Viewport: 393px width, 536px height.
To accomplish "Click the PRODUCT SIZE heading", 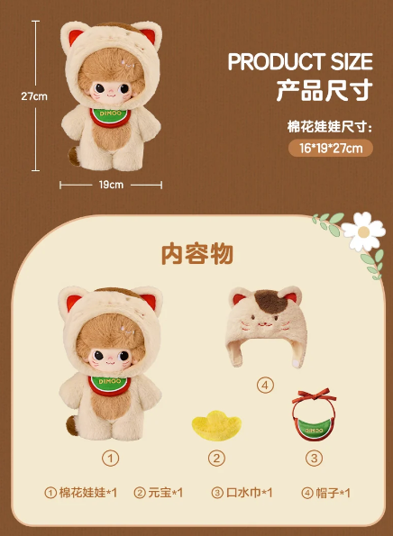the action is pos(300,61).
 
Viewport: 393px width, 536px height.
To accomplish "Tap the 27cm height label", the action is pos(34,96).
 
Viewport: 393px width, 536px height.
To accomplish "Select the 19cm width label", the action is pos(111,185).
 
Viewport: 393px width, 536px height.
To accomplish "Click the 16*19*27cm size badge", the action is pos(331,148).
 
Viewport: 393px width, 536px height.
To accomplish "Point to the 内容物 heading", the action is pos(197,254).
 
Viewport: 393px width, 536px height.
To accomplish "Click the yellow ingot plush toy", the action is pos(216,425).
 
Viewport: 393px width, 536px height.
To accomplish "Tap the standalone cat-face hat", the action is pos(266,326).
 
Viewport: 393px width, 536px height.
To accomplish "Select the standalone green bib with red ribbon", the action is pos(314,414).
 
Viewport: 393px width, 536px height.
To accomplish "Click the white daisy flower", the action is pos(363,232).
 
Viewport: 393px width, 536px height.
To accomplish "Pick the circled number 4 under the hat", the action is pos(265,386).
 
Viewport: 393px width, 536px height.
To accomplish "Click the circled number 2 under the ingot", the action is pos(216,458).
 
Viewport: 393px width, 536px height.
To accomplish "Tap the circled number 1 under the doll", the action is pos(111,458).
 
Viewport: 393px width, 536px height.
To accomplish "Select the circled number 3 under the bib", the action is pos(314,458).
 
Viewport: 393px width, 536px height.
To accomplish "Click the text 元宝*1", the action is pos(166,493).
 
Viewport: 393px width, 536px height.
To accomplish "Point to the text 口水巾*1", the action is pos(249,493).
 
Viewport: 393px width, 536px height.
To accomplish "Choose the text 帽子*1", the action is pos(333,493).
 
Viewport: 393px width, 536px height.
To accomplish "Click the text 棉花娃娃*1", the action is pos(88,493).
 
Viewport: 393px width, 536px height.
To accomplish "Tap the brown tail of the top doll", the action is pos(74,156).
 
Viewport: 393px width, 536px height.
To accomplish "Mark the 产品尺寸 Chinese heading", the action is pos(324,90).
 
